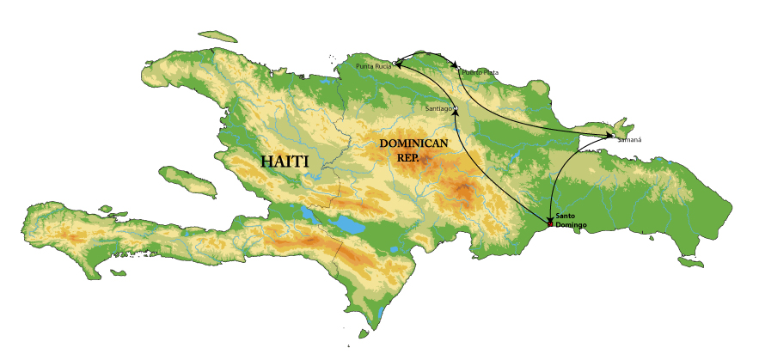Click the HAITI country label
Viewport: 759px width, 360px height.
tap(285, 162)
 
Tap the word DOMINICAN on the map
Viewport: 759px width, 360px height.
tap(413, 143)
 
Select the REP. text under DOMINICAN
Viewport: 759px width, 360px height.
tap(409, 157)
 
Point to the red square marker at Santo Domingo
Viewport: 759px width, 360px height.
tap(550, 224)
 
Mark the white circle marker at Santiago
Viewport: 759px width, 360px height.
tap(455, 108)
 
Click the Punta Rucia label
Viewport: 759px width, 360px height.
tap(373, 65)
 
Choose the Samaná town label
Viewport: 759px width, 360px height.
tap(629, 138)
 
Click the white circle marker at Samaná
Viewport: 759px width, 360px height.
tap(612, 135)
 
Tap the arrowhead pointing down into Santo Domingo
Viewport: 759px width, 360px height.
tap(550, 217)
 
